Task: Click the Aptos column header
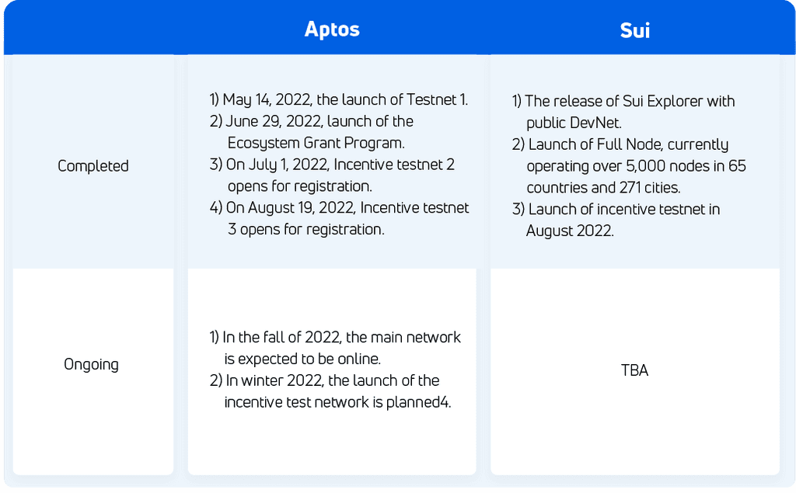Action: (x=332, y=30)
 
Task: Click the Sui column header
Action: (x=634, y=31)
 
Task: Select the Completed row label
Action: (x=93, y=166)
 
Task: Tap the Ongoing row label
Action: (x=92, y=364)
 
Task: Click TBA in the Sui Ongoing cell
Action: (x=634, y=370)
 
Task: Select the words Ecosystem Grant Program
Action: (x=316, y=143)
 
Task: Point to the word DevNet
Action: (x=596, y=123)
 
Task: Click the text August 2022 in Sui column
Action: (x=570, y=231)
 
